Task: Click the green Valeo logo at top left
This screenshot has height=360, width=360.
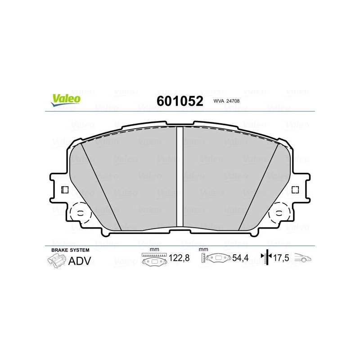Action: [x=66, y=100]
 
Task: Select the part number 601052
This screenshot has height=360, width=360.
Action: [x=180, y=101]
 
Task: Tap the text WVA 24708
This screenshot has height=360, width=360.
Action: [x=226, y=101]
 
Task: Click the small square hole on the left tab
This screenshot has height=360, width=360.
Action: [x=65, y=190]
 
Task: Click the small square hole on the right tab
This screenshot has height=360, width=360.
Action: [x=295, y=189]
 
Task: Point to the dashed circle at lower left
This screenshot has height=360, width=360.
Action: [x=70, y=213]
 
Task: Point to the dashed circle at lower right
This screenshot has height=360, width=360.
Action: [x=290, y=213]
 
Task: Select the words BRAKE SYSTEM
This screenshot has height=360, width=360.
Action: [x=70, y=250]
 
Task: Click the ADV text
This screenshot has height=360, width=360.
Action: [x=80, y=261]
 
